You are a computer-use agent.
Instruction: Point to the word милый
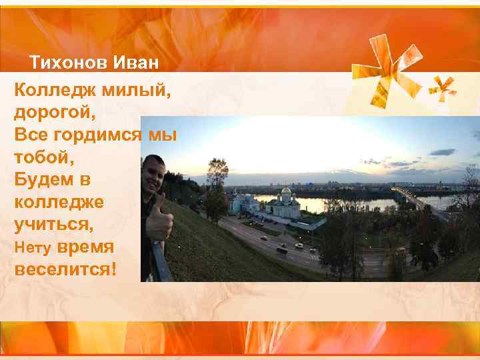[138, 89]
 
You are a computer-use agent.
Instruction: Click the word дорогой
[53, 112]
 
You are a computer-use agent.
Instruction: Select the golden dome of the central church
[286, 192]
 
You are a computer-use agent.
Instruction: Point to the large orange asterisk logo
[393, 67]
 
